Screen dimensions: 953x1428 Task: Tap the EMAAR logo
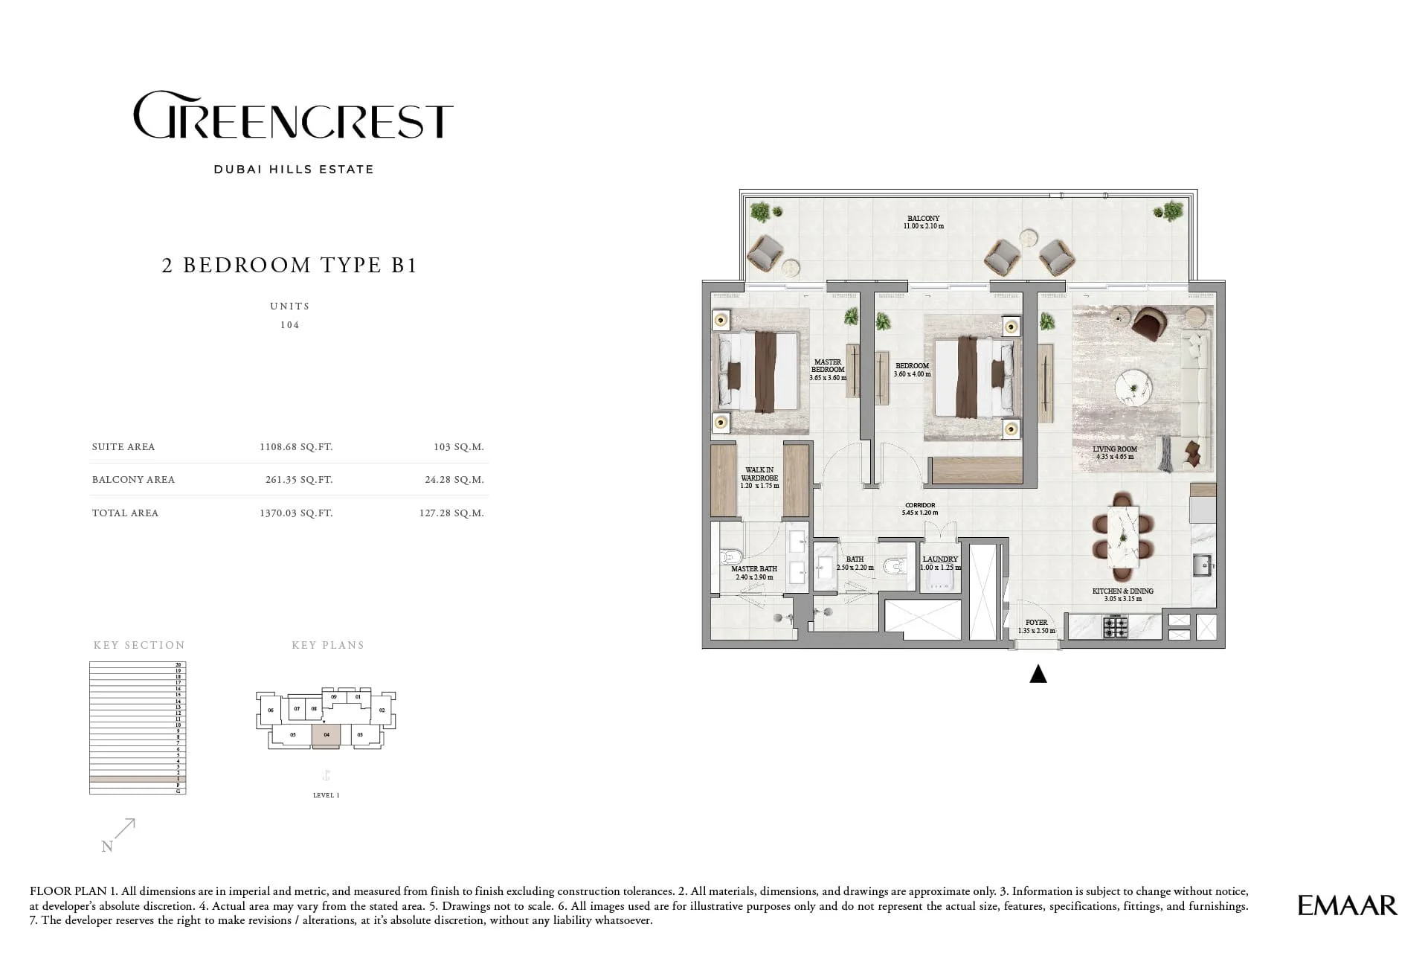(x=1347, y=905)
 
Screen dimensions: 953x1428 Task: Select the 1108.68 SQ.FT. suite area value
(x=295, y=447)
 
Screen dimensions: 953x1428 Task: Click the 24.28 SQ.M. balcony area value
(x=454, y=480)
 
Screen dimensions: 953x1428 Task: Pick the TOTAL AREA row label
(x=125, y=513)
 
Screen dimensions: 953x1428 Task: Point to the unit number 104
(x=290, y=325)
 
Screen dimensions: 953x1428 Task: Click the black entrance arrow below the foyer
(x=1038, y=674)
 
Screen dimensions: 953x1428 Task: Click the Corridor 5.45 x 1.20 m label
(x=919, y=509)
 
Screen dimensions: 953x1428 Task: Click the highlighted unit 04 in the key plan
(x=327, y=734)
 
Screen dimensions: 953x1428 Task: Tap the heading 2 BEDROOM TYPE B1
(x=289, y=266)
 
